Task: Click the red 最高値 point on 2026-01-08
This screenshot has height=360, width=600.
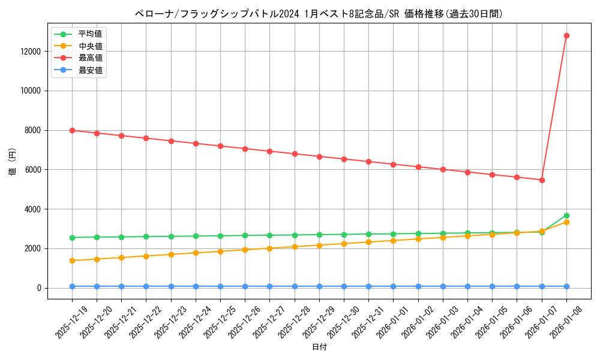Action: click(566, 35)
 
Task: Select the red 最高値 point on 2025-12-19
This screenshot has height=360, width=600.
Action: click(72, 130)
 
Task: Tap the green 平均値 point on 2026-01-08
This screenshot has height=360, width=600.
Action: click(566, 215)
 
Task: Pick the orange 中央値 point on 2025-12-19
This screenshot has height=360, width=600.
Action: click(72, 260)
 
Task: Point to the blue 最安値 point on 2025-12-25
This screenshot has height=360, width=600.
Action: click(220, 286)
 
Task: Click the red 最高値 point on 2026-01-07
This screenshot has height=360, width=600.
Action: click(542, 180)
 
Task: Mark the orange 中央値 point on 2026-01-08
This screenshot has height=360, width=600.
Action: click(566, 222)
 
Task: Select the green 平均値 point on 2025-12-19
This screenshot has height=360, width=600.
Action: click(72, 238)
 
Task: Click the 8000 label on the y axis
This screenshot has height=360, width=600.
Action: click(32, 130)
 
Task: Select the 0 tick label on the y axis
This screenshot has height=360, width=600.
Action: click(39, 288)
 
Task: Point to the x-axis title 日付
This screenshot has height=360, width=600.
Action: click(319, 347)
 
